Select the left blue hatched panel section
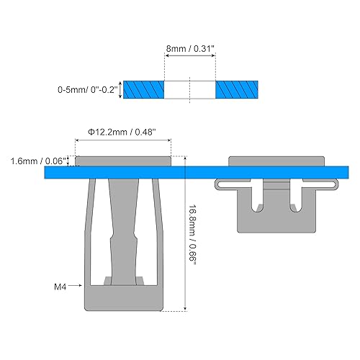144,90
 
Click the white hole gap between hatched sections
190,90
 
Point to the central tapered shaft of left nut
123,223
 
